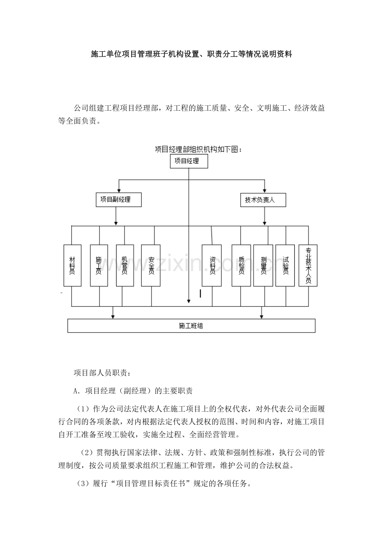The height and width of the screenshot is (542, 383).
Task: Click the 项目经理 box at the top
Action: point(189,161)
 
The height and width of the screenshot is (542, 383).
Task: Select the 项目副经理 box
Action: point(119,200)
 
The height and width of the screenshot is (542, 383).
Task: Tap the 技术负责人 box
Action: point(263,200)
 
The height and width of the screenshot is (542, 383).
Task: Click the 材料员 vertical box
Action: point(72,265)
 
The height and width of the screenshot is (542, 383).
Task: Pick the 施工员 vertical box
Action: point(99,265)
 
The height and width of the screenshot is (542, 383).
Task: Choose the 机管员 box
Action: point(125,265)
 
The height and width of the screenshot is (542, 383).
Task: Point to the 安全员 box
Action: point(151,265)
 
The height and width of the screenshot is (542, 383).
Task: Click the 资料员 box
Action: point(211,265)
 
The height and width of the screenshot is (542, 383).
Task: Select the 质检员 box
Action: point(241,265)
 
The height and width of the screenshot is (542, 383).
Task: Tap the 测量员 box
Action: point(263,265)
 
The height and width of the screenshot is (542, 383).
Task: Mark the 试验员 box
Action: point(285,265)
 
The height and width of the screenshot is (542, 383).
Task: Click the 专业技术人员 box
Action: point(308,265)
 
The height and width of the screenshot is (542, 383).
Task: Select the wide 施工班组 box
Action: point(191,326)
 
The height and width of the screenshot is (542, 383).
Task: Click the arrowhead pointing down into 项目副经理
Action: point(119,190)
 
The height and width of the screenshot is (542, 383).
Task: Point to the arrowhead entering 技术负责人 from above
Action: point(264,190)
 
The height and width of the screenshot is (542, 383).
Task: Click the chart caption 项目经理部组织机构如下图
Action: point(198,149)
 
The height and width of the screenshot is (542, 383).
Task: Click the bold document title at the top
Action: point(191,55)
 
